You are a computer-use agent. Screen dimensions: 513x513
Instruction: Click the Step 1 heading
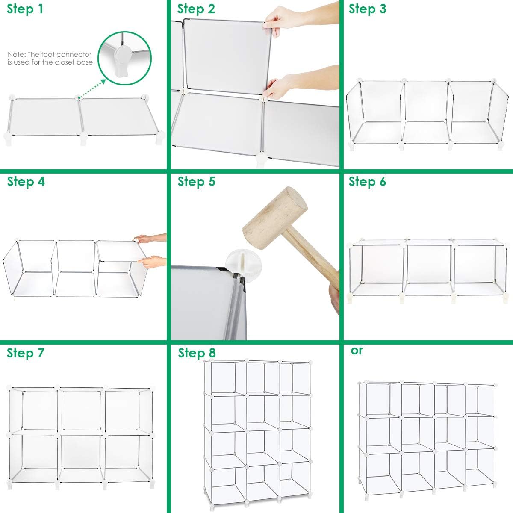click(25, 9)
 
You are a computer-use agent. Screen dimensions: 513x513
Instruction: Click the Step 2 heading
click(196, 9)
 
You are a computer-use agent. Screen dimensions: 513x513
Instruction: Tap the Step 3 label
click(367, 9)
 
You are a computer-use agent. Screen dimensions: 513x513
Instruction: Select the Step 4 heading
click(26, 182)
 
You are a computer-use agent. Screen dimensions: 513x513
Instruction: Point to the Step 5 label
click(196, 182)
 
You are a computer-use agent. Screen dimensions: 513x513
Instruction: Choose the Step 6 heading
click(367, 182)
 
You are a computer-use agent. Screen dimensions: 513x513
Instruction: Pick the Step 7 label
click(26, 354)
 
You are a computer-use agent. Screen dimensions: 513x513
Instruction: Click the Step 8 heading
click(197, 354)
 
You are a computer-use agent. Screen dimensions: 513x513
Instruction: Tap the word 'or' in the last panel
click(357, 350)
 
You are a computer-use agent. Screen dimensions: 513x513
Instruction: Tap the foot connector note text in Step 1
click(50, 58)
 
